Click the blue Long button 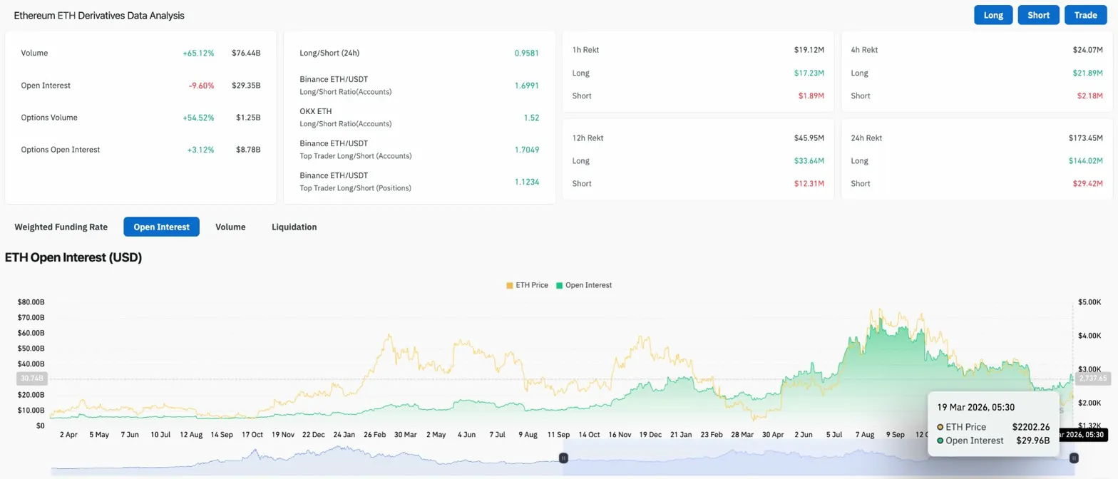click(x=993, y=15)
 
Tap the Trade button click(x=1085, y=15)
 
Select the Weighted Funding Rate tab click(x=61, y=227)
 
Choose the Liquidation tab click(x=294, y=227)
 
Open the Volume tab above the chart click(x=230, y=227)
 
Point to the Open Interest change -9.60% click(x=200, y=86)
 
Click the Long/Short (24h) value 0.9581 click(x=526, y=53)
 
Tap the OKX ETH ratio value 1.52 click(x=531, y=117)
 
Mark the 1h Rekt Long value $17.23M click(x=809, y=73)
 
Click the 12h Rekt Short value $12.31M click(x=809, y=184)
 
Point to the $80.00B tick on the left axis click(x=31, y=302)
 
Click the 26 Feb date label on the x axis click(x=375, y=434)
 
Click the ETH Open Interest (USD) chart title click(x=73, y=257)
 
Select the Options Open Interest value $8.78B click(x=248, y=150)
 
